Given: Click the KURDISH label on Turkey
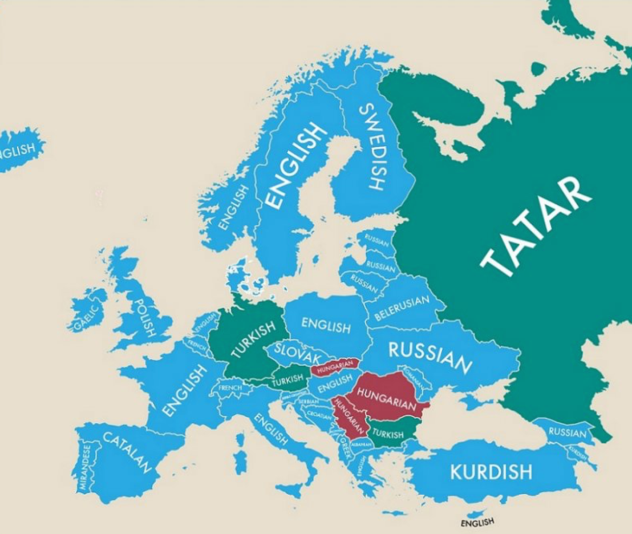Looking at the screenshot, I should coord(491,471).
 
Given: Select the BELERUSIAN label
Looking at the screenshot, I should coord(402,308).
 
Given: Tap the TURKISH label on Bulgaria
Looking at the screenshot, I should coord(388,434).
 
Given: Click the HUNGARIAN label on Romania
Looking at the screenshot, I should coord(386,398).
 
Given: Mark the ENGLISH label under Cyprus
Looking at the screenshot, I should coord(477,522).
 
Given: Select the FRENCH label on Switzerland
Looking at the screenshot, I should coord(230,388).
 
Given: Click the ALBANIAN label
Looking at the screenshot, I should coord(360,445).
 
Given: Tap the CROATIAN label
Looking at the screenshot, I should coord(319,413).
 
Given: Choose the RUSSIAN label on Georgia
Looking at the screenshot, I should coord(567,433).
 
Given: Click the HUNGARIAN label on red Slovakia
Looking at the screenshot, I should coord(334,365).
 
